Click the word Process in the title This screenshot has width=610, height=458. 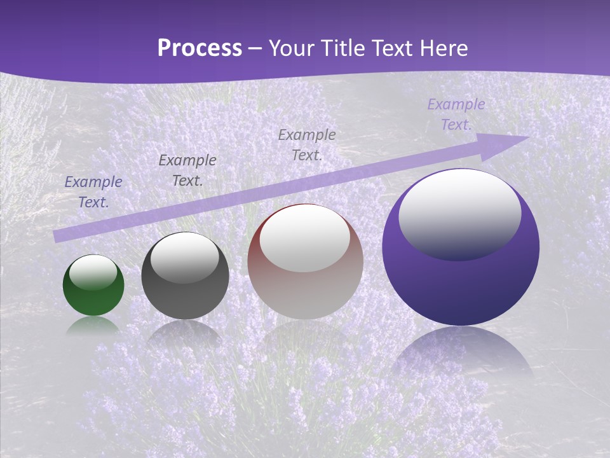(x=200, y=48)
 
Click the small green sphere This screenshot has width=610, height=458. (x=93, y=299)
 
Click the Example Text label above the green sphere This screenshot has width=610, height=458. (x=93, y=192)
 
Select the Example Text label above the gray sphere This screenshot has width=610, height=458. (x=187, y=170)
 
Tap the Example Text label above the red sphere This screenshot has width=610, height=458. (x=307, y=144)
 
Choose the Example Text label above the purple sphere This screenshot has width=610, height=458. (x=456, y=114)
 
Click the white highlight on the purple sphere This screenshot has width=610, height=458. (x=460, y=215)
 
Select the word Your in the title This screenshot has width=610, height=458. (x=288, y=48)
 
